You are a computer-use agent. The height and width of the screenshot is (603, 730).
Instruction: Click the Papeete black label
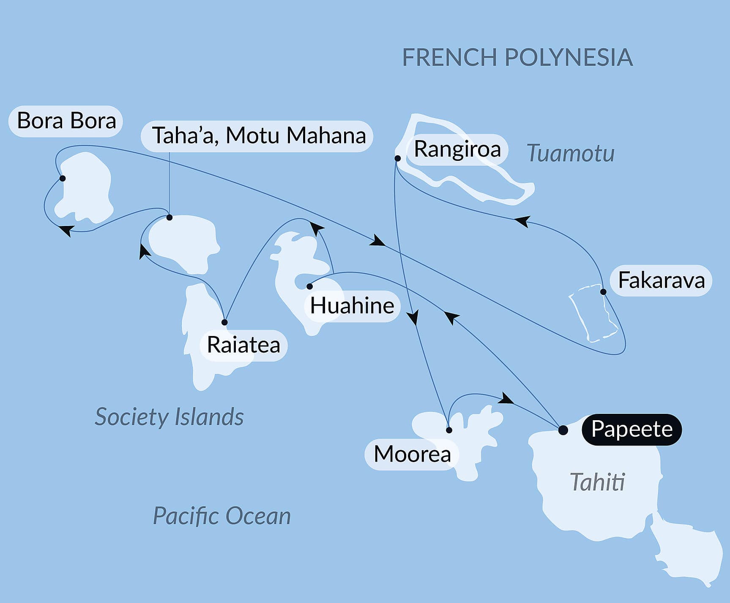pyautogui.click(x=632, y=429)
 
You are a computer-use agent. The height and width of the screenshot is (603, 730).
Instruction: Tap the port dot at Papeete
pyautogui.click(x=563, y=430)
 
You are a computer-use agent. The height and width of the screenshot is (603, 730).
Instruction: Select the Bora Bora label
pyautogui.click(x=66, y=121)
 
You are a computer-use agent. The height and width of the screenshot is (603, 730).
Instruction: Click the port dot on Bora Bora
pyautogui.click(x=63, y=178)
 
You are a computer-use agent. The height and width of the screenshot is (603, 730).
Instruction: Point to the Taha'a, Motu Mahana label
pyautogui.click(x=258, y=136)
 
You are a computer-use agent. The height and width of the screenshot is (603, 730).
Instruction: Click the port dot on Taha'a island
pyautogui.click(x=170, y=218)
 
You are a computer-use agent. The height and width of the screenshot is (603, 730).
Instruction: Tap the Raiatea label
pyautogui.click(x=243, y=345)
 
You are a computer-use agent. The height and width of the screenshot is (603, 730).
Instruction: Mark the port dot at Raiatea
pyautogui.click(x=224, y=322)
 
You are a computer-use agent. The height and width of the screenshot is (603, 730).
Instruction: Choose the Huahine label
pyautogui.click(x=352, y=306)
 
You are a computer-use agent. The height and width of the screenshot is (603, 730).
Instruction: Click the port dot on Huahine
pyautogui.click(x=309, y=286)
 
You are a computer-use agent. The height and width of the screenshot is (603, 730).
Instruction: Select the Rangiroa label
pyautogui.click(x=457, y=149)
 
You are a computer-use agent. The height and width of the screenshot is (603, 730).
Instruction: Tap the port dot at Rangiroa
pyautogui.click(x=397, y=158)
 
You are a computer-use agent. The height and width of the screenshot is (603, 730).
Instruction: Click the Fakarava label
pyautogui.click(x=661, y=280)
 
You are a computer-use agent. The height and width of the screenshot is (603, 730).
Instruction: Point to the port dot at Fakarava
pyautogui.click(x=603, y=292)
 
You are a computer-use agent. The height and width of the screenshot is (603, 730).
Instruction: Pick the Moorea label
pyautogui.click(x=412, y=454)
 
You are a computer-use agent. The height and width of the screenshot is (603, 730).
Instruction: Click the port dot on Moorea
pyautogui.click(x=449, y=430)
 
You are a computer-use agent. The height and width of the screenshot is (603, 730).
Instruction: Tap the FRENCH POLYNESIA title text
pyautogui.click(x=517, y=58)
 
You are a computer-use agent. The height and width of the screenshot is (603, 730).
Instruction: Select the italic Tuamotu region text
pyautogui.click(x=570, y=153)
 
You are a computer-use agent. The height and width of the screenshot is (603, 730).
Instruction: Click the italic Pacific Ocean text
pyautogui.click(x=221, y=516)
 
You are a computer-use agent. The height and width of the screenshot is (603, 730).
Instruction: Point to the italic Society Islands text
pyautogui.click(x=169, y=417)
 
